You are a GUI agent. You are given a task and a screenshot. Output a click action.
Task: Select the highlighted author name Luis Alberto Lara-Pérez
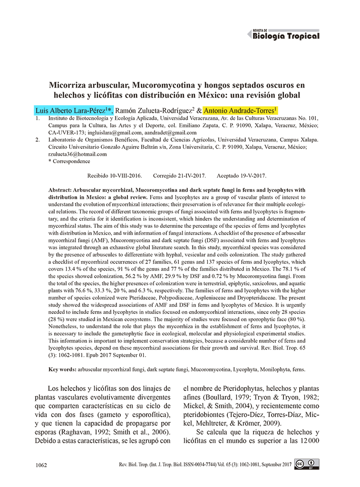73,111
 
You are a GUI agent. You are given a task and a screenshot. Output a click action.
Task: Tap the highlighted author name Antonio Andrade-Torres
240,111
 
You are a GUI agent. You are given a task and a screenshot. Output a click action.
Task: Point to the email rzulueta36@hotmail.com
78,154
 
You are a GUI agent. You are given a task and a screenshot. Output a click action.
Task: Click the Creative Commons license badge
306,464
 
